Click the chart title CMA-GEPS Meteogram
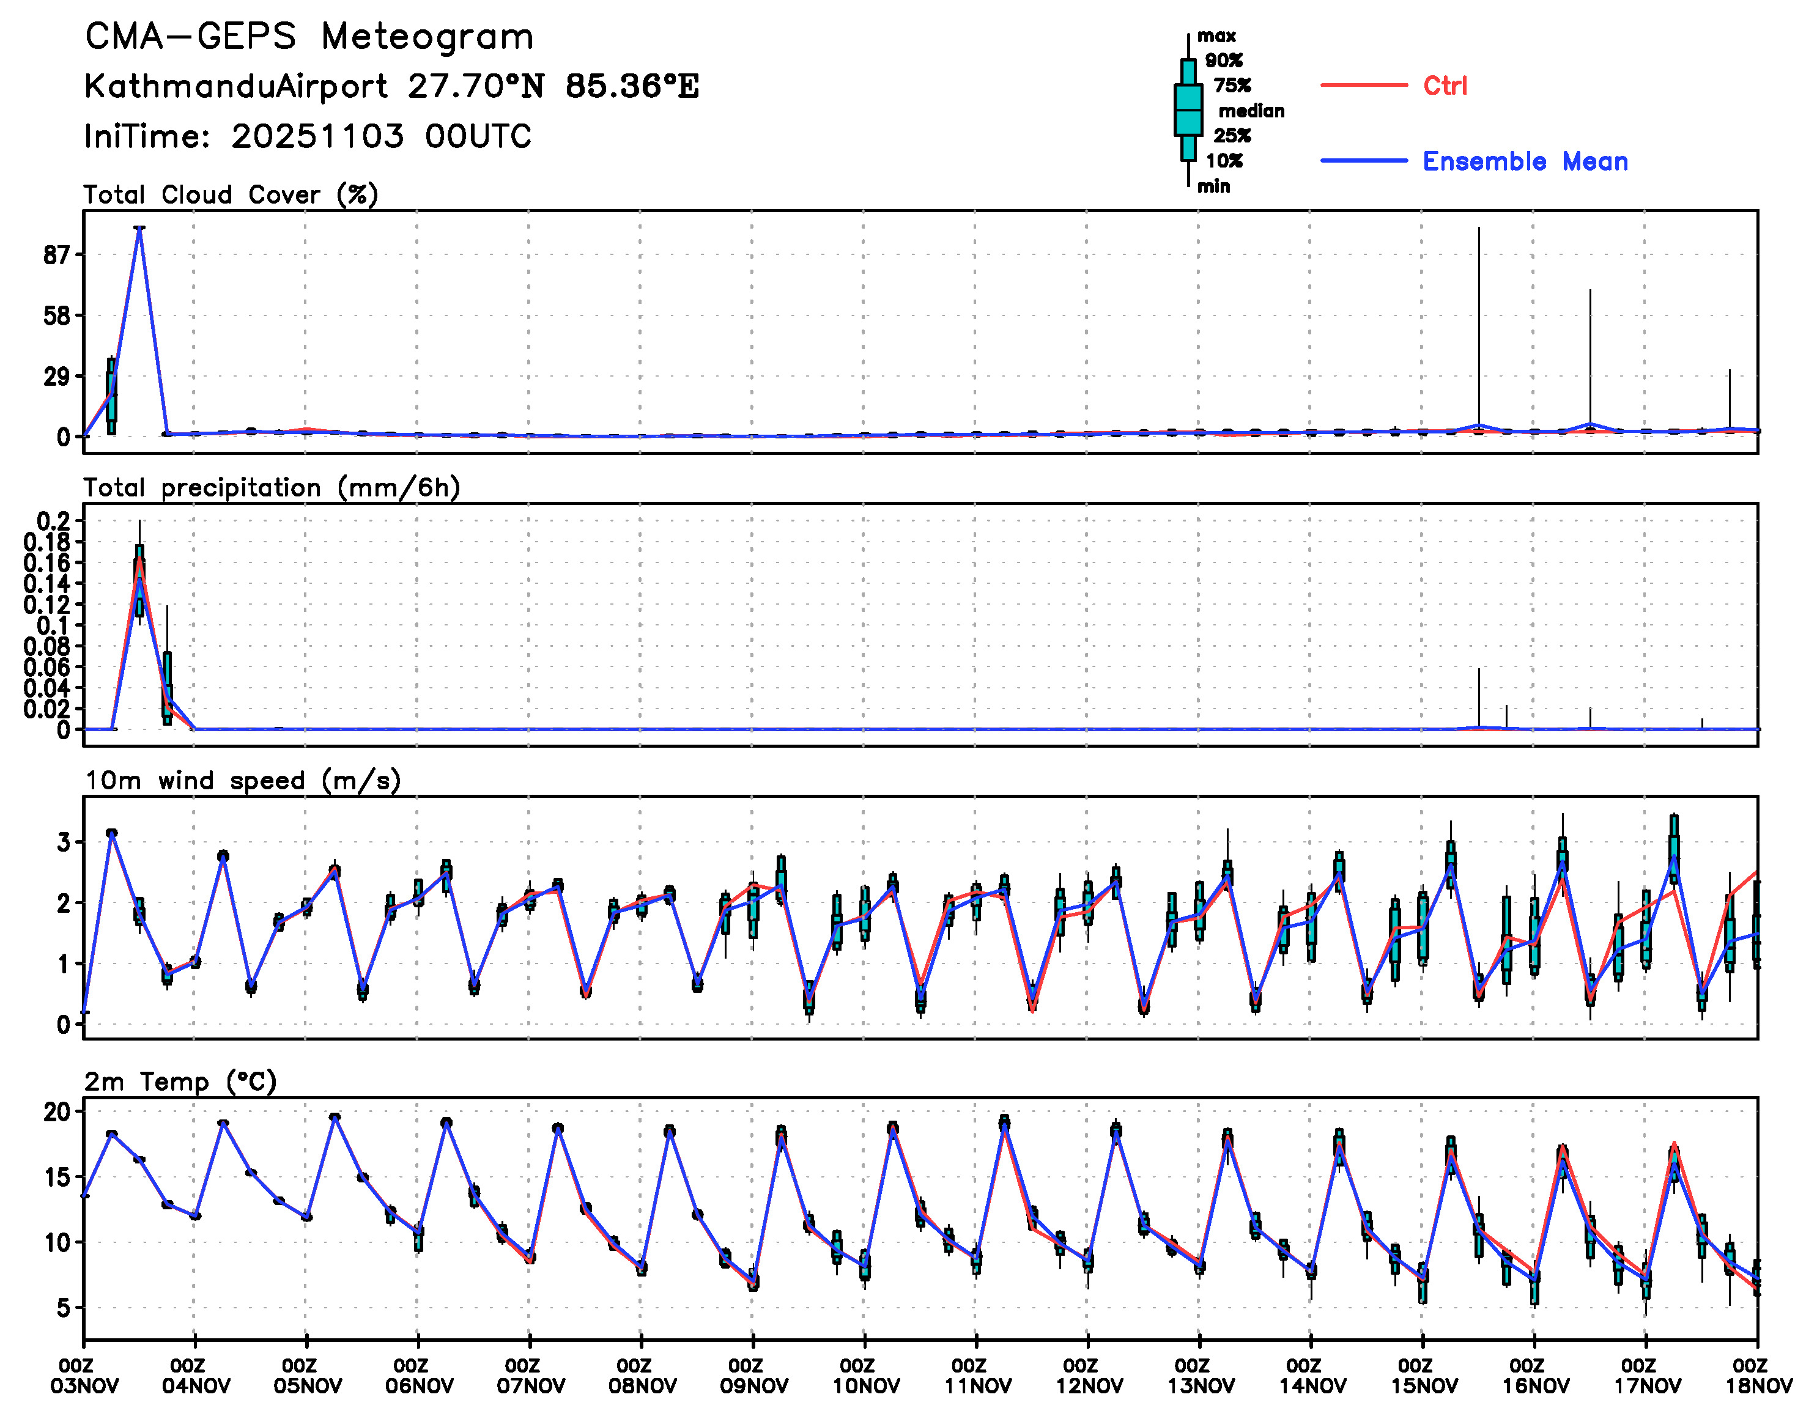click(309, 37)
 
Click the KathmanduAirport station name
click(235, 86)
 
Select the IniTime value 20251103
click(318, 136)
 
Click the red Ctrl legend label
click(1445, 86)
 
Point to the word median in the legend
click(1251, 111)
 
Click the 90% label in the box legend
click(1224, 61)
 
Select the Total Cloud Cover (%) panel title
click(231, 194)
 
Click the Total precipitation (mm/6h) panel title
click(271, 487)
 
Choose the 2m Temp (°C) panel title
click(180, 1082)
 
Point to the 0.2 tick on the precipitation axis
click(53, 522)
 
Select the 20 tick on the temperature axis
click(57, 1112)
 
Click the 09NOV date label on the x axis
click(753, 1386)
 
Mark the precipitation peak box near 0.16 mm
click(140, 581)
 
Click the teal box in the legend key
click(1188, 110)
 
